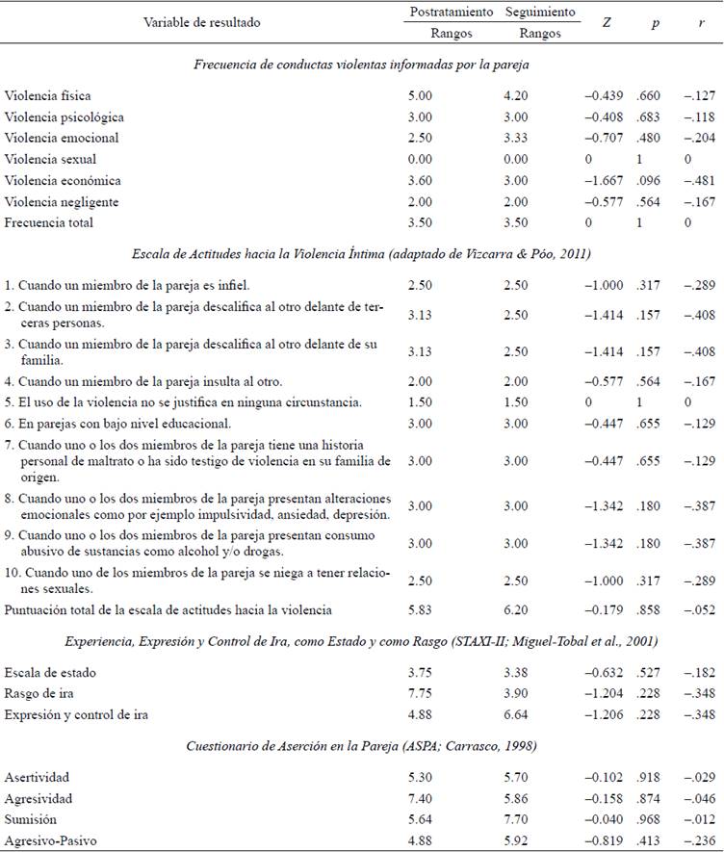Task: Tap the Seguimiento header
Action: [539, 13]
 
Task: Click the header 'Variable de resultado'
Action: [202, 21]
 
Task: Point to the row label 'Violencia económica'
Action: [63, 180]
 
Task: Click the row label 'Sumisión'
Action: [31, 820]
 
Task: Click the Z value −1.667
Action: [604, 180]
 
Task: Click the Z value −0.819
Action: [604, 841]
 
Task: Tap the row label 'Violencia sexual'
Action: [50, 159]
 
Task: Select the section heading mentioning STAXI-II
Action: [361, 641]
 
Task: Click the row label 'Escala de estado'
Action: [50, 672]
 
